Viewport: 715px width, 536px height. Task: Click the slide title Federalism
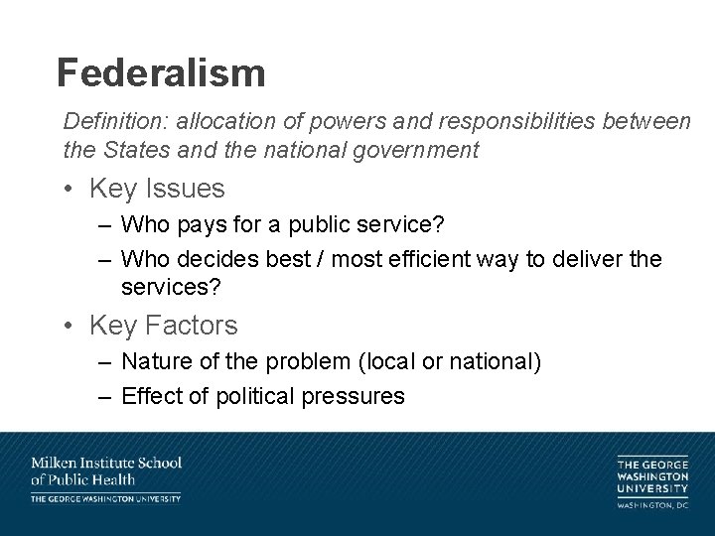point(161,72)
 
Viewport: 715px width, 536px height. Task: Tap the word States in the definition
point(131,151)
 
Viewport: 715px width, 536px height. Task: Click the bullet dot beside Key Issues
point(72,189)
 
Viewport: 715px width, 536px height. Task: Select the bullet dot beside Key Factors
point(72,325)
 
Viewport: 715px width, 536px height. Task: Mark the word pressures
point(356,396)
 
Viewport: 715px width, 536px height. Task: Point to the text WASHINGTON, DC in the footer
point(652,506)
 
